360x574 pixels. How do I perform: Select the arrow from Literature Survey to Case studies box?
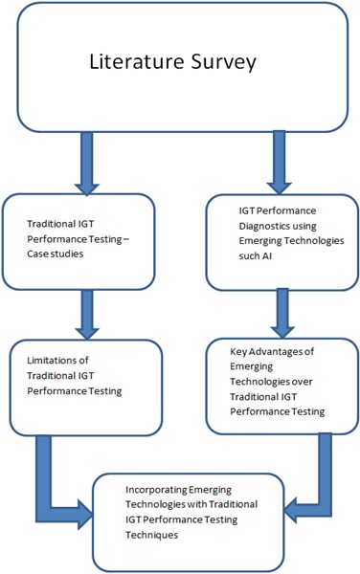pyautogui.click(x=87, y=160)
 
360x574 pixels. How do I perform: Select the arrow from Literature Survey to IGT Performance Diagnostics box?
pyautogui.click(x=280, y=160)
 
